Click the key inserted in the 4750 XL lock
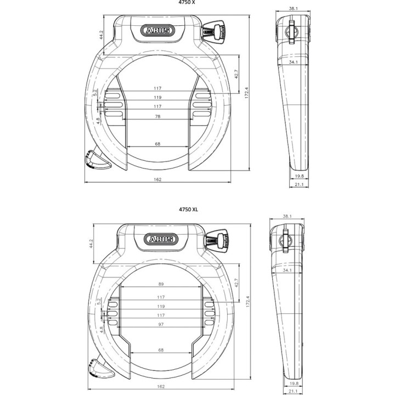click(x=220, y=240)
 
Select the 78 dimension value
click(x=157, y=116)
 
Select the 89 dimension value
click(x=161, y=284)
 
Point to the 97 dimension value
click(x=161, y=325)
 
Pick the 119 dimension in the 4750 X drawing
click(x=157, y=98)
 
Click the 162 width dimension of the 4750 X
click(x=158, y=180)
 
